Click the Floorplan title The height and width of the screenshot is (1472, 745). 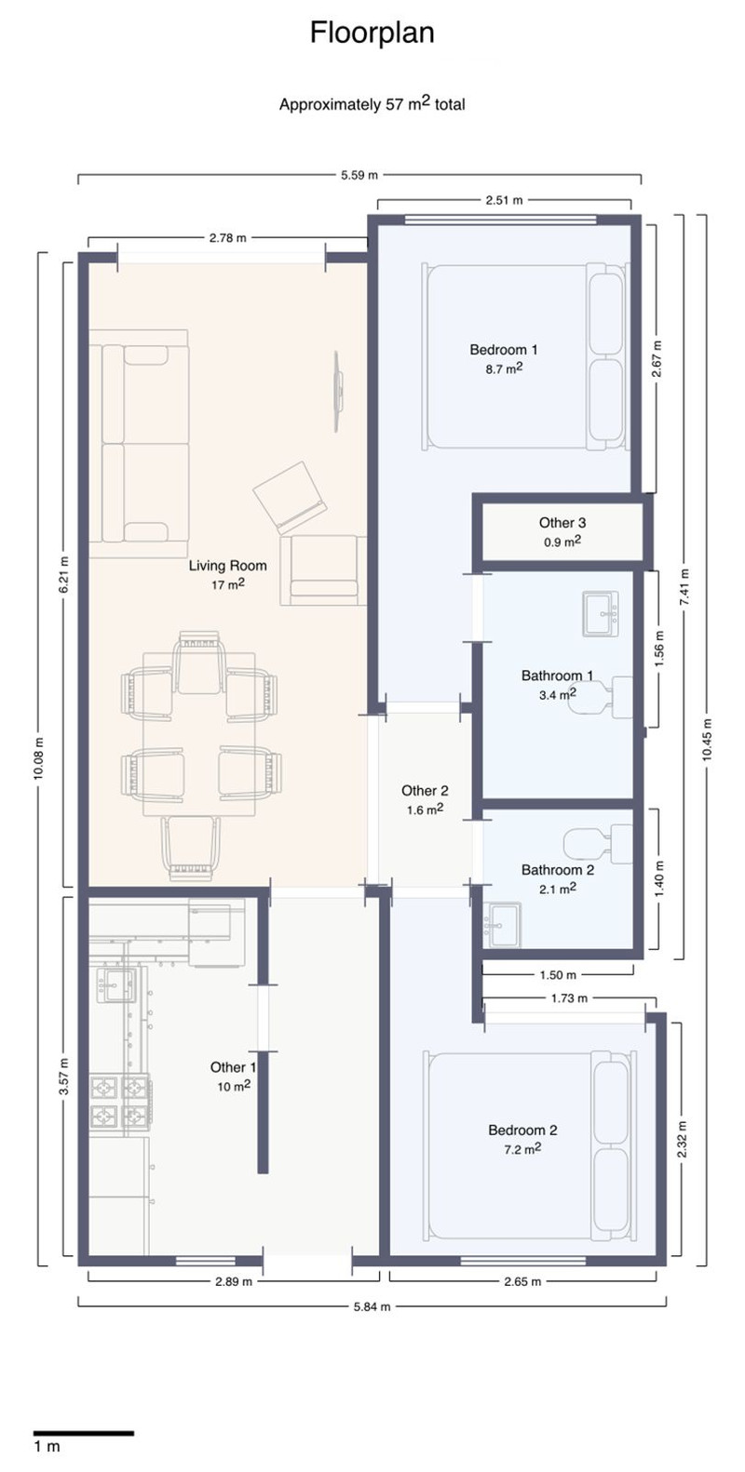[x=372, y=33]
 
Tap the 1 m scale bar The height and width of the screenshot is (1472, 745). [x=84, y=1433]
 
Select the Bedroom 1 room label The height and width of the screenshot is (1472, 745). [x=503, y=350]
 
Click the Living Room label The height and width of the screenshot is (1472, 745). [x=227, y=565]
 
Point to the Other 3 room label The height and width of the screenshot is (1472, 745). [x=562, y=522]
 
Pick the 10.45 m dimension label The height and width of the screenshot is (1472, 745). [x=707, y=738]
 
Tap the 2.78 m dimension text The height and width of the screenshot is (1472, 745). [x=227, y=238]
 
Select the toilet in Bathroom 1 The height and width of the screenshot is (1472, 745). [x=599, y=696]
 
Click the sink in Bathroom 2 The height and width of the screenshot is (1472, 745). [x=503, y=925]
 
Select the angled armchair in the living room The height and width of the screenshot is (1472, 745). [x=290, y=498]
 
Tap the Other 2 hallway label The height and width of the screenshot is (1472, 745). [x=425, y=791]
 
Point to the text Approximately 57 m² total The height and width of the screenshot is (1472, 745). [x=372, y=103]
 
